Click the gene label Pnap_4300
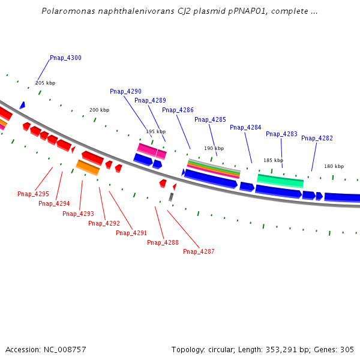(65, 58)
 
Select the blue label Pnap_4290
(125, 92)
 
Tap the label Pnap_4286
(178, 110)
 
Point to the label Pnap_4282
(317, 139)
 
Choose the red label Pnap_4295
(33, 194)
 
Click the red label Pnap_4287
(199, 252)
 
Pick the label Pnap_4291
(131, 233)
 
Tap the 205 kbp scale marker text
(45, 83)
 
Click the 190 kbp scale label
(214, 149)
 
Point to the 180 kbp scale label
(334, 166)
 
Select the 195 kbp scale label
(155, 132)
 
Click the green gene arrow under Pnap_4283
(280, 180)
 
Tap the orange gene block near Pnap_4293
(88, 167)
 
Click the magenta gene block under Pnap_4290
(147, 149)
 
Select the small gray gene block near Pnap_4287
(171, 197)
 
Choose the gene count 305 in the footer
(347, 350)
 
